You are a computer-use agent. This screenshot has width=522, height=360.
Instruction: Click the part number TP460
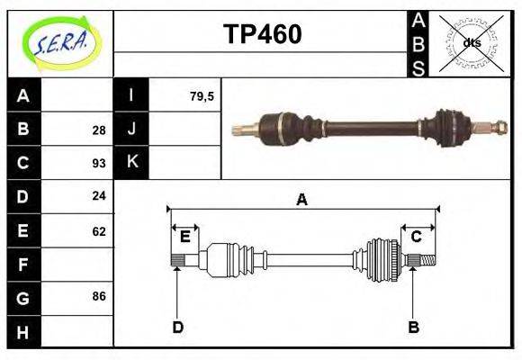tap(262, 34)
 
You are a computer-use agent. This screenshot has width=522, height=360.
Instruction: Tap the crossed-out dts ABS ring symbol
tap(471, 42)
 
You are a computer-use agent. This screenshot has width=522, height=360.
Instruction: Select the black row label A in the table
tap(23, 95)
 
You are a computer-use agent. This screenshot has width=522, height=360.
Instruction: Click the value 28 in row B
tap(98, 130)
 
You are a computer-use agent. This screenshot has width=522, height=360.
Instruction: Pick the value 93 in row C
tap(98, 164)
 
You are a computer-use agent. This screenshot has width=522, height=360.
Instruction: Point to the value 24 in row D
tap(98, 196)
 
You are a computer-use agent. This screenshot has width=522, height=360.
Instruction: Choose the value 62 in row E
tap(98, 230)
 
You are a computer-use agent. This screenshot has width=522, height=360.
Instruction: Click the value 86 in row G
tap(98, 295)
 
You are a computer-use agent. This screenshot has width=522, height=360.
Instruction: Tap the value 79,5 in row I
tap(202, 95)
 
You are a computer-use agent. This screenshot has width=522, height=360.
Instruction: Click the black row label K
tap(131, 162)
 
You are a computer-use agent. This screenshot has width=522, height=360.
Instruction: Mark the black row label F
tap(23, 265)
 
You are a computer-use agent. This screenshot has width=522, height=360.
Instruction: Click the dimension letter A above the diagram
tap(301, 200)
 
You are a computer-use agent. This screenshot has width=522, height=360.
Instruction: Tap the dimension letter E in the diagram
tap(184, 237)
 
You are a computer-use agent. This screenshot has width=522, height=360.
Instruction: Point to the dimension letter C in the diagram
tap(417, 237)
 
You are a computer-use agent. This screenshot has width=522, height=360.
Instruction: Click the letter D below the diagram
tap(178, 328)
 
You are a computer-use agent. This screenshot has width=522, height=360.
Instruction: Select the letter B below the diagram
tap(413, 328)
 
